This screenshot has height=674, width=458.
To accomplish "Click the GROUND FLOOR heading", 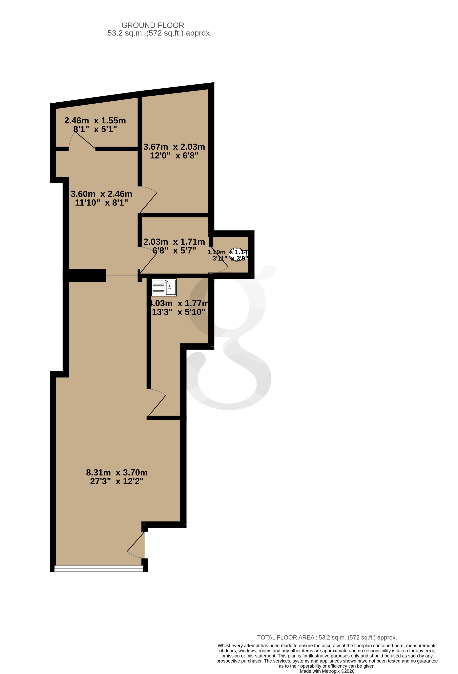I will pyautogui.click(x=153, y=25).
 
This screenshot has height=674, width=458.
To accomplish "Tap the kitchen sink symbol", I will pyautogui.click(x=164, y=287).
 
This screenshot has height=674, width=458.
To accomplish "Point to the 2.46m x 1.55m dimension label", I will pyautogui.click(x=95, y=120).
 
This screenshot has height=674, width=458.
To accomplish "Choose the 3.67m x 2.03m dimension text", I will pyautogui.click(x=174, y=147).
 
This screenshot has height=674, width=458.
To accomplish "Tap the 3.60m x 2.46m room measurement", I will pyautogui.click(x=101, y=194).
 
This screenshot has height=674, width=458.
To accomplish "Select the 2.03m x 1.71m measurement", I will pyautogui.click(x=174, y=242).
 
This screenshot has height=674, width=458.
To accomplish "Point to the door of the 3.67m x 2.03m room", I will pyautogui.click(x=148, y=200).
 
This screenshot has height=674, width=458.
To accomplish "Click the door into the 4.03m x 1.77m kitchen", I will pyautogui.click(x=157, y=403).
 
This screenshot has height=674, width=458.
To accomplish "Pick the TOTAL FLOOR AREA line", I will pyautogui.click(x=327, y=637).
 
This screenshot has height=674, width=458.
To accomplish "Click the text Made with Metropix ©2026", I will pyautogui.click(x=327, y=671).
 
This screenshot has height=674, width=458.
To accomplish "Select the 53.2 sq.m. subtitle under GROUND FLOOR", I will pyautogui.click(x=159, y=33).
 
